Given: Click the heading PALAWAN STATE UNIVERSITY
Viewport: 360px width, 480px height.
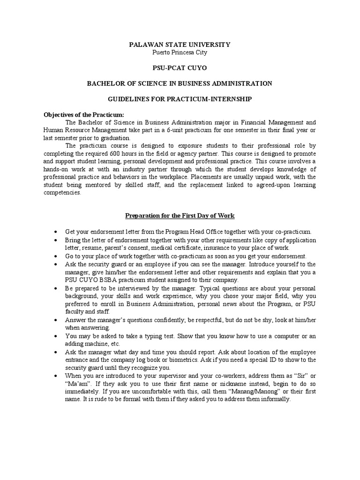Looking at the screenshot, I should (180, 45).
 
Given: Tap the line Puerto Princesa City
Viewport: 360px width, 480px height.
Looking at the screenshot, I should (180, 52).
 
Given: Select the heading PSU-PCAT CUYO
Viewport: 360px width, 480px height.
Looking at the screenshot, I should (180, 68).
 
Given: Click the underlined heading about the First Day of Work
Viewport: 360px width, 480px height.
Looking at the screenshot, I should (180, 216).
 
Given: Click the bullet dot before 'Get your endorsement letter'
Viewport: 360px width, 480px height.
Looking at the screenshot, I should (56, 232).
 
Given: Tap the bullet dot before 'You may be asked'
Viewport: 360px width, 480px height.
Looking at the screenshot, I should (56, 336).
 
